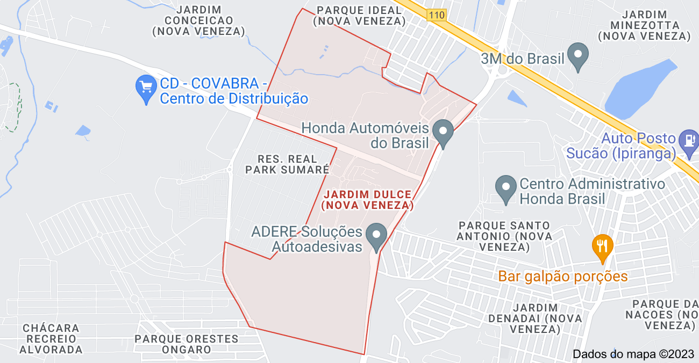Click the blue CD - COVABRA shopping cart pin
click(x=146, y=89)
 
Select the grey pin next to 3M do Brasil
click(x=579, y=56)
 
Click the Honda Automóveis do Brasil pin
click(x=443, y=133)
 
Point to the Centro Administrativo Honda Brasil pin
click(x=505, y=189)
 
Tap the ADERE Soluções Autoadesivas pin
click(x=376, y=236)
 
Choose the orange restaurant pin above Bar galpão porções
click(x=602, y=247)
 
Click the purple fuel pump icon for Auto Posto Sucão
click(x=688, y=141)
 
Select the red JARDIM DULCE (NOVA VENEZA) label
click(x=368, y=200)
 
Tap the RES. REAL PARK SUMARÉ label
click(x=287, y=164)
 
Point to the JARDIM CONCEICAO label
click(x=199, y=20)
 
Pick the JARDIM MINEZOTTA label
click(x=644, y=26)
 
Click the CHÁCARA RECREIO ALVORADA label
click(x=51, y=339)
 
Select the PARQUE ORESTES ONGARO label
click(x=187, y=344)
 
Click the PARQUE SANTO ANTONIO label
click(x=504, y=236)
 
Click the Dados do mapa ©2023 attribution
click(x=633, y=354)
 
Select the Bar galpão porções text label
click(x=563, y=277)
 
